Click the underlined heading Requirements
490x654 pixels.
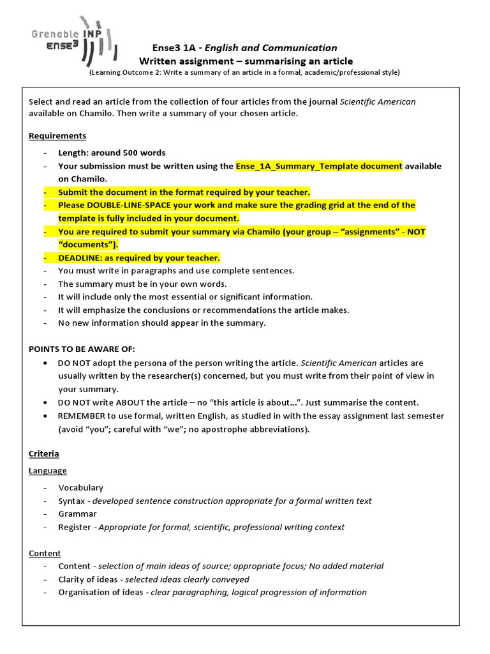coord(57,136)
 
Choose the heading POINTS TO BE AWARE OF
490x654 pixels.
coord(82,349)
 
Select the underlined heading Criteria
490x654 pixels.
coord(44,453)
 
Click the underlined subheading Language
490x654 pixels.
coord(48,471)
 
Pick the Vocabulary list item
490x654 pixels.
coord(80,488)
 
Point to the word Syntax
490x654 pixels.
coord(71,501)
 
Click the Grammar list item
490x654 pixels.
coord(77,514)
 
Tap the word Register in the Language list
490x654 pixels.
coord(75,528)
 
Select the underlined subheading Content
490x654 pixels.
coord(45,553)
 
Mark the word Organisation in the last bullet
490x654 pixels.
coord(84,592)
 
